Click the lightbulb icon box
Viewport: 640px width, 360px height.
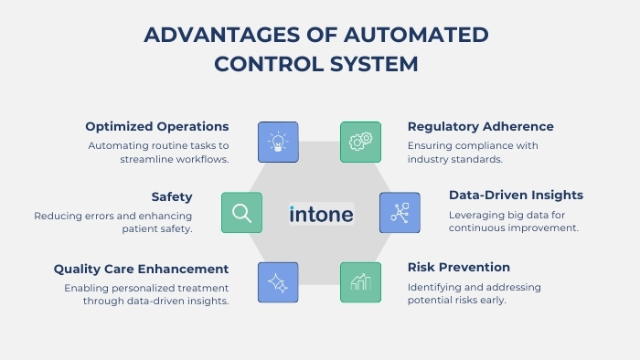(x=278, y=143)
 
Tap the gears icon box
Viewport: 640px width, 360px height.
(x=361, y=143)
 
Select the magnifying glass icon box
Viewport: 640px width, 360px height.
(x=241, y=213)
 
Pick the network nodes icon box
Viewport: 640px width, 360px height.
(x=400, y=213)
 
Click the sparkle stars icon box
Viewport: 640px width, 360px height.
(x=278, y=283)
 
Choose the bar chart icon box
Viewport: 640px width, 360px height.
(x=361, y=283)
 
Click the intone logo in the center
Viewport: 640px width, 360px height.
(x=321, y=214)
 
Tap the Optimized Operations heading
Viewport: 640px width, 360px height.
(x=157, y=126)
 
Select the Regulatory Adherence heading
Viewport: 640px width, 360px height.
(x=480, y=126)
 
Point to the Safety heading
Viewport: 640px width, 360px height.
(x=171, y=196)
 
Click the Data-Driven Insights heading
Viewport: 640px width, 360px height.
(x=516, y=195)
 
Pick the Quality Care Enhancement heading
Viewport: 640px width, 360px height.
(x=141, y=269)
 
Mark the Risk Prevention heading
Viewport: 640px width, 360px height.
(x=458, y=268)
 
